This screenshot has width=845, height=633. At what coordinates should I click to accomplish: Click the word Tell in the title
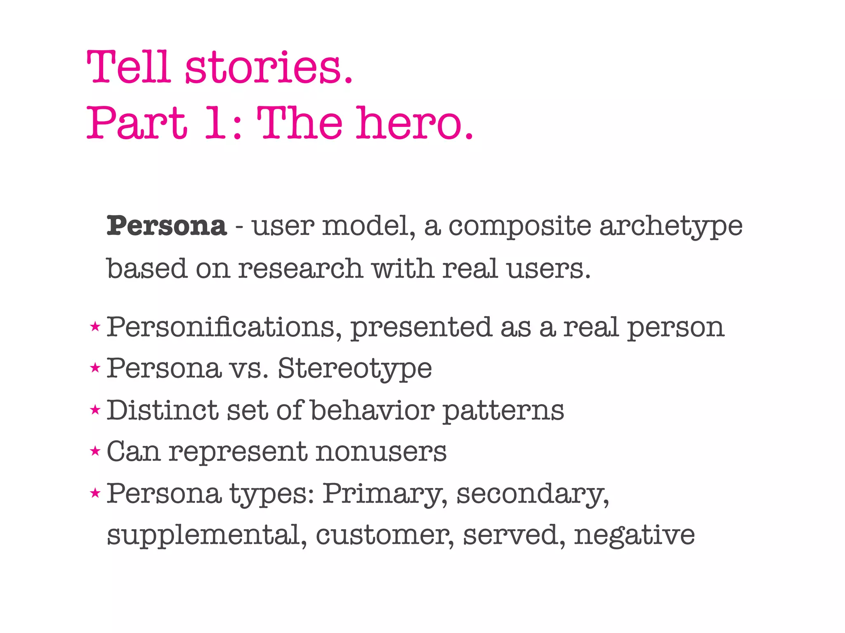[128, 67]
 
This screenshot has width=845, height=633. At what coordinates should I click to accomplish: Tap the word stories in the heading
[268, 67]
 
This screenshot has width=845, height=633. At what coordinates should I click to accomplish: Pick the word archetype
[670, 227]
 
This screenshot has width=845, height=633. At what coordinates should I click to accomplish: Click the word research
[301, 269]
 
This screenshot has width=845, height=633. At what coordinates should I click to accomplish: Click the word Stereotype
[355, 369]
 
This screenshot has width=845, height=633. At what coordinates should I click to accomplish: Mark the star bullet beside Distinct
[95, 410]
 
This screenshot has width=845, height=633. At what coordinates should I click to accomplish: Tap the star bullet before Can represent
[95, 451]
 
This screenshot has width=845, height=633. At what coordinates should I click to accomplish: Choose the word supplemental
[207, 536]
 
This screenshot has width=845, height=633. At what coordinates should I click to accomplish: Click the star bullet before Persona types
[95, 492]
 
